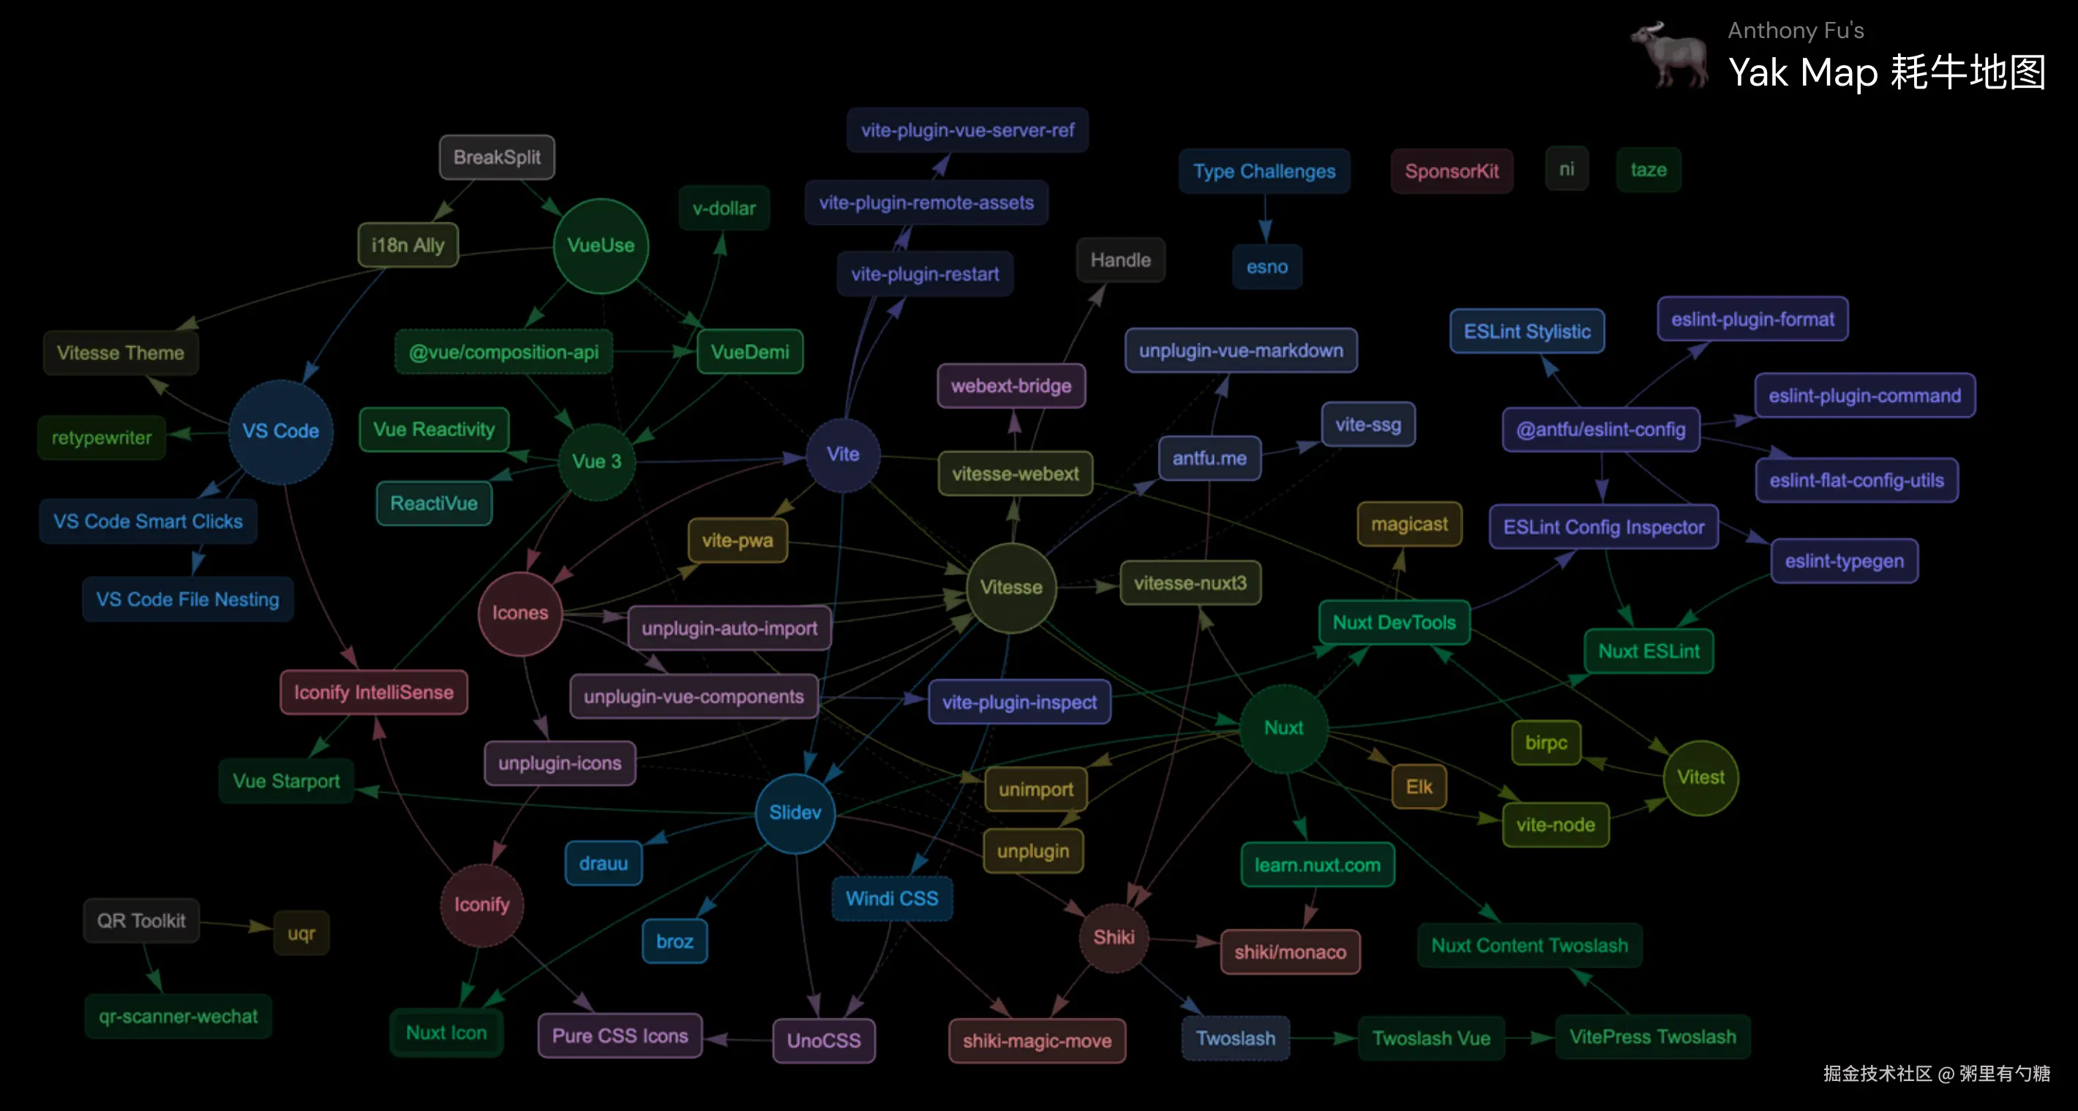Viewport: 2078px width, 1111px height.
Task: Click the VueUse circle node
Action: pyautogui.click(x=600, y=245)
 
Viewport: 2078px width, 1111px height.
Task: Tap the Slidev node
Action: pyautogui.click(x=795, y=812)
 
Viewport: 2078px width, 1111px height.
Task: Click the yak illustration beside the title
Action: pyautogui.click(x=1668, y=55)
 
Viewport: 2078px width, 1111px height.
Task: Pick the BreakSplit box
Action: pyautogui.click(x=497, y=157)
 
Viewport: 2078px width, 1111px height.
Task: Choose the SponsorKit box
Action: pyautogui.click(x=1451, y=171)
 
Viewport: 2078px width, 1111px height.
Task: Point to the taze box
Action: pyautogui.click(x=1648, y=171)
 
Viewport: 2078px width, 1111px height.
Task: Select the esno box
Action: pyautogui.click(x=1267, y=267)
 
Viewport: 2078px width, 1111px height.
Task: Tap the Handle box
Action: pyautogui.click(x=1119, y=260)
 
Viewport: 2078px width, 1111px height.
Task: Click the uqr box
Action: pyautogui.click(x=301, y=933)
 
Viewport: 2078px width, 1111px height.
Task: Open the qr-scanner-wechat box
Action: pyautogui.click(x=179, y=1017)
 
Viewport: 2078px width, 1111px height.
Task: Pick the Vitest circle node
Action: pyautogui.click(x=1700, y=778)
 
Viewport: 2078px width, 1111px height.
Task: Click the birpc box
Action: pyautogui.click(x=1545, y=743)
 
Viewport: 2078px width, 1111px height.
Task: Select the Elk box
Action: pyautogui.click(x=1419, y=787)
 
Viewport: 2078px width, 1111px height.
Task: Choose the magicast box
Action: pyautogui.click(x=1409, y=525)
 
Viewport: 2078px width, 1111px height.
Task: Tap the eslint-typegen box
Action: pyautogui.click(x=1844, y=561)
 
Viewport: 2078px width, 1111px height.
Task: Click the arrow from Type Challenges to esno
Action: pyautogui.click(x=1265, y=219)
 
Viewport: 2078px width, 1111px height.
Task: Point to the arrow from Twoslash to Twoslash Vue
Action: pyautogui.click(x=1324, y=1039)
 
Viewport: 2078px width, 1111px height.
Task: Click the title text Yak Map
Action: pyautogui.click(x=1804, y=72)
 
